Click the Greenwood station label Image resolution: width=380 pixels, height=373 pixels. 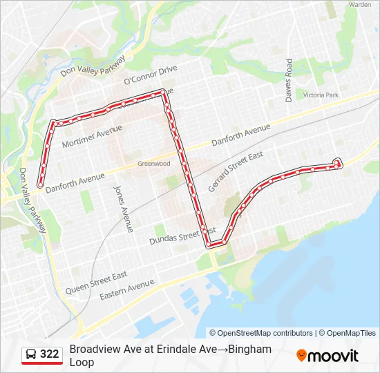153,164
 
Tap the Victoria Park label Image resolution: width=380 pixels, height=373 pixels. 321,95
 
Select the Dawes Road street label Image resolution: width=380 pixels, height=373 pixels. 289,80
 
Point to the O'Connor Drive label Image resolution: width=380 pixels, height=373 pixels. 151,75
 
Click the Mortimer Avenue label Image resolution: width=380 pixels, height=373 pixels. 92,137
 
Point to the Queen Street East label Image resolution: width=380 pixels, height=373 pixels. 96,283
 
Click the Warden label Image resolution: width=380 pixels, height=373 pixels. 360,4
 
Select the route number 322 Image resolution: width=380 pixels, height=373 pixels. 49,354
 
